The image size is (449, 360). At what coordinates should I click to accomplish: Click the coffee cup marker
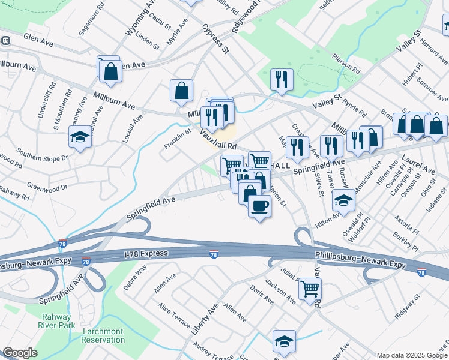click(x=259, y=206)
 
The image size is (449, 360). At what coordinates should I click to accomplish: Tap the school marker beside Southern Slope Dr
click(x=80, y=137)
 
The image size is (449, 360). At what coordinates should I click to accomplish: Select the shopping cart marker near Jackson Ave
click(x=310, y=289)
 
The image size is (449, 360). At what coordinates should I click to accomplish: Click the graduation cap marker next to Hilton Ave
click(x=343, y=200)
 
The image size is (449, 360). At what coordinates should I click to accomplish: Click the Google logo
click(x=20, y=353)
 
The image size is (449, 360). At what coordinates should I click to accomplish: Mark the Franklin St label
click(x=178, y=140)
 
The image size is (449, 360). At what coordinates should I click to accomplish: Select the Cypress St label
click(x=215, y=37)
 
